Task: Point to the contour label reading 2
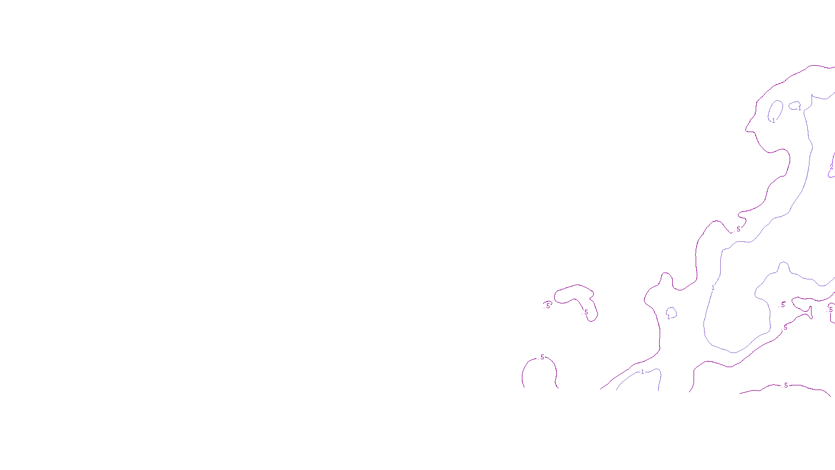[831, 168]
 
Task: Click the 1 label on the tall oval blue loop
[773, 121]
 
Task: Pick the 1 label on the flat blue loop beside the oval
[799, 109]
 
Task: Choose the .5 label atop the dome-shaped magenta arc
[542, 357]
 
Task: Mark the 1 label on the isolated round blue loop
[669, 317]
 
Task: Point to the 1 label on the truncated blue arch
[642, 372]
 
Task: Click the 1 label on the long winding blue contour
[713, 288]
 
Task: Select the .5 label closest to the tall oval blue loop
[738, 229]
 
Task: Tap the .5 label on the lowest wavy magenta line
[785, 385]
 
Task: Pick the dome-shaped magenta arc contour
[523, 373]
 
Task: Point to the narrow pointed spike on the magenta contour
[811, 312]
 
